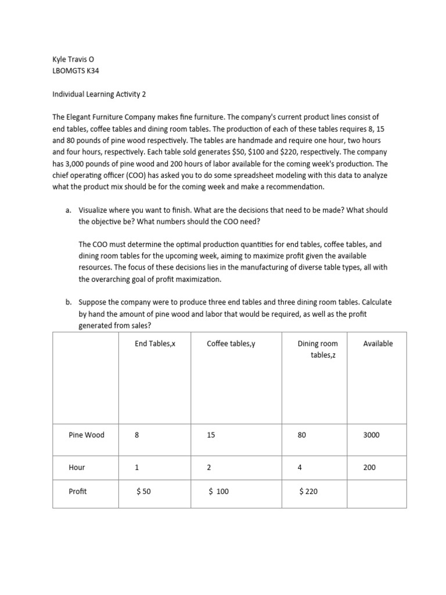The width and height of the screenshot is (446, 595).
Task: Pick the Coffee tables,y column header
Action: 231,343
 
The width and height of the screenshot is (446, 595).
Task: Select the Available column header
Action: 377,343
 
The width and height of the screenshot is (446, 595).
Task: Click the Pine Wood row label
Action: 87,435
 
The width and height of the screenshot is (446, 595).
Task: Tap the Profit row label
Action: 78,491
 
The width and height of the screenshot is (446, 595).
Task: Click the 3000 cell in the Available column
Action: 371,435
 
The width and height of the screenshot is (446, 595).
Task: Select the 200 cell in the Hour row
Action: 369,467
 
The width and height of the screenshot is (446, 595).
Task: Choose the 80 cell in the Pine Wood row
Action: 301,435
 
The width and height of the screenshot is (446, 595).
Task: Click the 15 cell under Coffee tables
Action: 211,435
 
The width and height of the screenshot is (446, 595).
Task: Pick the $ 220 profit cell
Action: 308,492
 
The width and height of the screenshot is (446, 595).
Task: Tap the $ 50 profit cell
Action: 143,492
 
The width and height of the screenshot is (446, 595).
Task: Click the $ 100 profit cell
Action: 219,492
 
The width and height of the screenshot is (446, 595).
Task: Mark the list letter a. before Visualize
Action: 69,210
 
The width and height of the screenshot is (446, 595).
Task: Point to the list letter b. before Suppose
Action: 69,303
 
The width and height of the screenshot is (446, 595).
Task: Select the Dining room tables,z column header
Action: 317,349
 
